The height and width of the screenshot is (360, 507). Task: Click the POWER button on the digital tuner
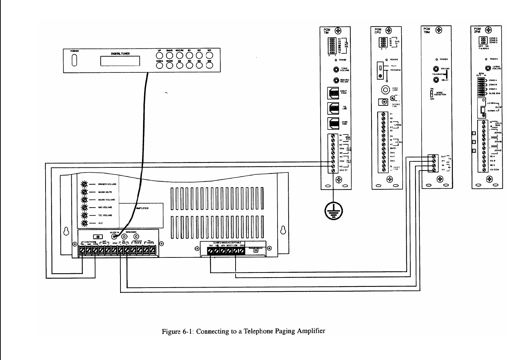[75, 62]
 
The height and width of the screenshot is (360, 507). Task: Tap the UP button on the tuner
[160, 56]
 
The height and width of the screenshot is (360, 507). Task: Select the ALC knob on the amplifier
[85, 223]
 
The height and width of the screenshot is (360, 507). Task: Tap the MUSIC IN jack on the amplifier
[114, 237]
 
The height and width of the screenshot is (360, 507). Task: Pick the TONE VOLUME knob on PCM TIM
[336, 70]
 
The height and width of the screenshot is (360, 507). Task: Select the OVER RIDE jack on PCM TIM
[333, 123]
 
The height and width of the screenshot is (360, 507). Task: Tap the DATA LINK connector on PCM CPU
[385, 90]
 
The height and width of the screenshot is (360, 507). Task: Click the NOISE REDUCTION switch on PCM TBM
[432, 94]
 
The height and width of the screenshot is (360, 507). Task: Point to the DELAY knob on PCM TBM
[436, 80]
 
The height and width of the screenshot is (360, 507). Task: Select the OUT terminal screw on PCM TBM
[434, 157]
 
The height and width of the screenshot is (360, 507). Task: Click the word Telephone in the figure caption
[259, 331]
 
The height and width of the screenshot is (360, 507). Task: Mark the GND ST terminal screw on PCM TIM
[333, 170]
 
